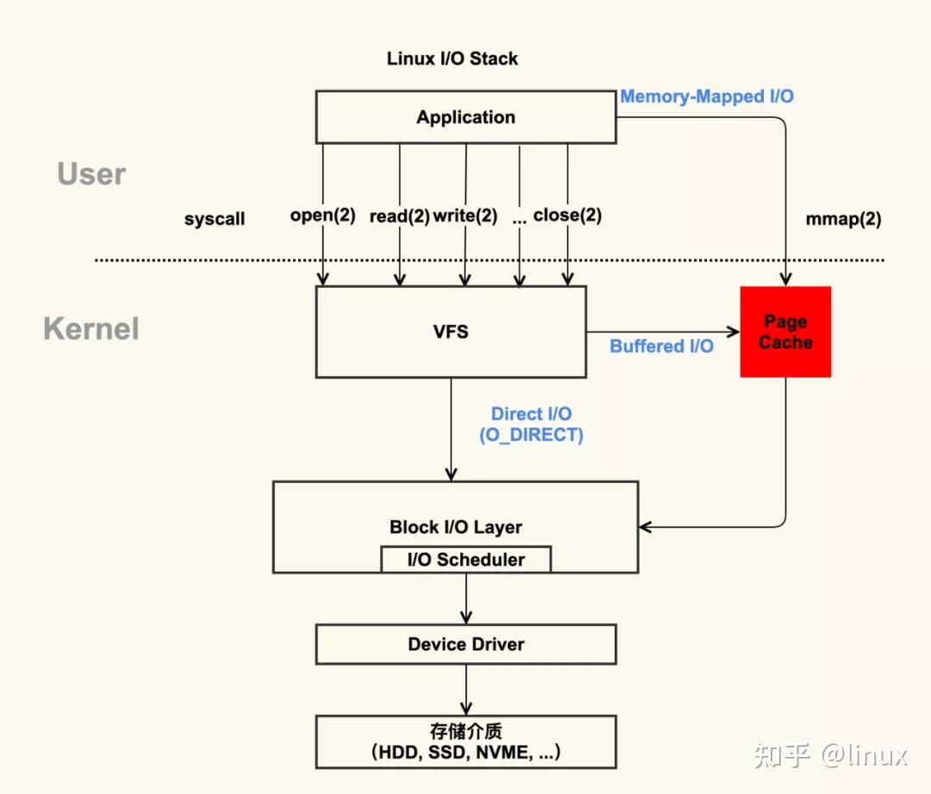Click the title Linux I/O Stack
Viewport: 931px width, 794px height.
point(453,59)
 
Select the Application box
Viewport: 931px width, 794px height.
point(465,117)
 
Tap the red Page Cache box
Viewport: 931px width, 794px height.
point(785,332)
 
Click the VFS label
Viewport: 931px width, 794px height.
point(451,332)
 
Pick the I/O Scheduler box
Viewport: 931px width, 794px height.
point(465,560)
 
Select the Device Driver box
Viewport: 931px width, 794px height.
point(465,644)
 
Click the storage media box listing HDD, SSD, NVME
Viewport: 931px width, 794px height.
point(465,741)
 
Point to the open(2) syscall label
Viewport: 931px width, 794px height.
point(322,216)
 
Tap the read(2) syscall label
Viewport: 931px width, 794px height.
point(399,216)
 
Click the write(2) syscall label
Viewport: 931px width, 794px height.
point(465,216)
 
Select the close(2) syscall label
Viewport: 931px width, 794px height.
point(567,216)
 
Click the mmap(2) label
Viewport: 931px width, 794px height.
point(843,219)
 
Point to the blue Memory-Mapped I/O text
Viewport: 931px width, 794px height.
point(707,97)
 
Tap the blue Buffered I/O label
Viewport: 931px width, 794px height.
point(661,346)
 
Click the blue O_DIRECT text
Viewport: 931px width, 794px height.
point(531,435)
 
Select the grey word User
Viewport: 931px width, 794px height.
point(91,174)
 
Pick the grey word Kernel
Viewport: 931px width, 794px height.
point(91,328)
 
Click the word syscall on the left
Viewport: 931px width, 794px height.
point(215,219)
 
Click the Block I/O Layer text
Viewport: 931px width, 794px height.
point(455,527)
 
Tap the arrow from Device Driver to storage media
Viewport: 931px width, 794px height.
point(465,690)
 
